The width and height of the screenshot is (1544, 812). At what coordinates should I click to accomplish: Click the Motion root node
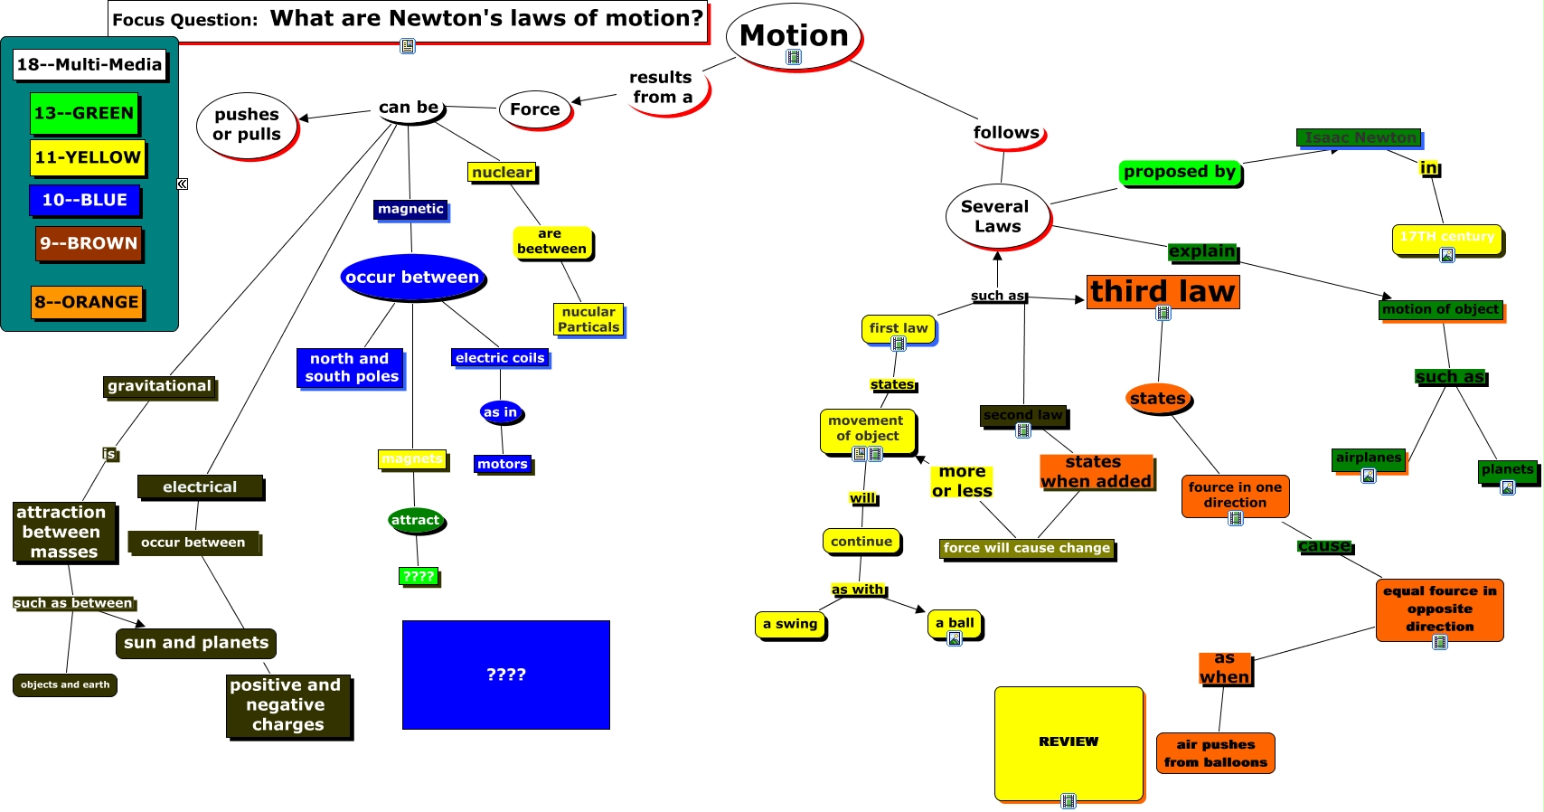[794, 36]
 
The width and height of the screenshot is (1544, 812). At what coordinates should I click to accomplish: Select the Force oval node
[535, 109]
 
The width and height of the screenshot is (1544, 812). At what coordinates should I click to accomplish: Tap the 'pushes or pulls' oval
[247, 125]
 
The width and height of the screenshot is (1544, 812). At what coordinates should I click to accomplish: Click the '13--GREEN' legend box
[84, 114]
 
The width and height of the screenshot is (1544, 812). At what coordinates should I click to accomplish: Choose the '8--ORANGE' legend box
[87, 302]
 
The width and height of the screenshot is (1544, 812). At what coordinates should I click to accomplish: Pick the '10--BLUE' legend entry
[85, 200]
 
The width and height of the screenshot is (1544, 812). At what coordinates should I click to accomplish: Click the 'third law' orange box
[1163, 292]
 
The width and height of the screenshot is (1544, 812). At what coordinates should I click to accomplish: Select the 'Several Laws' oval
[997, 217]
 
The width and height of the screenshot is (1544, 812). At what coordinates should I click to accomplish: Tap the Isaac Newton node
[1359, 137]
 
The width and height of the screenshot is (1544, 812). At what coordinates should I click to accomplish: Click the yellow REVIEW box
[1069, 742]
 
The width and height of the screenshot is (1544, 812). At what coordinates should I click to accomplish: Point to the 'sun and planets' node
[196, 643]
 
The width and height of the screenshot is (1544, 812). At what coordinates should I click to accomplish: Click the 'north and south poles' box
[351, 368]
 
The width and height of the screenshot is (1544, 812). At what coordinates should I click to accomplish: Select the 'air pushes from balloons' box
[1215, 753]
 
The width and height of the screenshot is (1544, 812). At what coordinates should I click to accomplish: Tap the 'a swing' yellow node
[790, 624]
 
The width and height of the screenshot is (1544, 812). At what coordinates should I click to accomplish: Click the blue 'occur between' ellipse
[412, 278]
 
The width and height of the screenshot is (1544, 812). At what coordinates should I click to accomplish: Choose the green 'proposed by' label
[1180, 172]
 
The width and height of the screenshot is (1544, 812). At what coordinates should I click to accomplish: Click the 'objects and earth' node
[65, 685]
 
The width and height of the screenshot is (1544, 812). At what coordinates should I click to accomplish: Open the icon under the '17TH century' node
[1446, 255]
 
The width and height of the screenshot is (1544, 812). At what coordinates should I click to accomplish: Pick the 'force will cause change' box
[1026, 548]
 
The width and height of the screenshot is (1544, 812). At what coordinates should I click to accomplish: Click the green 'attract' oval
[416, 520]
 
